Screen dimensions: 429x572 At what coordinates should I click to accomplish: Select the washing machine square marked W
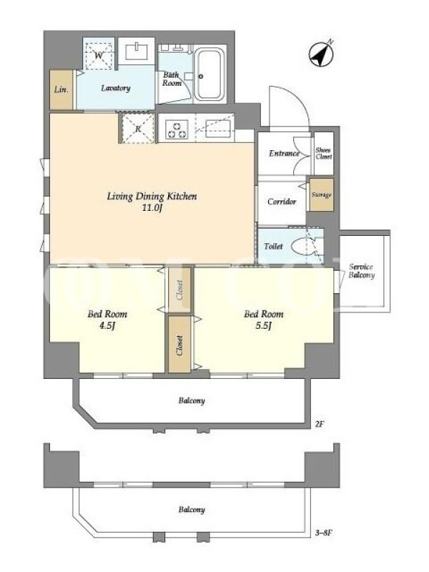[x=99, y=56]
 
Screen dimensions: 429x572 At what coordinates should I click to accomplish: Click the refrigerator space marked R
[x=138, y=129]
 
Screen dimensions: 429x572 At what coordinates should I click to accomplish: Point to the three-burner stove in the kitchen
[x=177, y=129]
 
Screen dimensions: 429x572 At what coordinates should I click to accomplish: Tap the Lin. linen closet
[x=61, y=89]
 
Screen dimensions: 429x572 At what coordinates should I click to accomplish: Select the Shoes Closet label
[x=324, y=153]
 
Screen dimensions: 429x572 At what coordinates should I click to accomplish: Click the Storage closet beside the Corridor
[x=322, y=194]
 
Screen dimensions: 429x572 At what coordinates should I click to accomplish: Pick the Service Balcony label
[x=362, y=271]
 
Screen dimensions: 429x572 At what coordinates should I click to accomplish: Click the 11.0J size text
[x=153, y=209]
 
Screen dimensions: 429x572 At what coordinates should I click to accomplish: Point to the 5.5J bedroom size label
[x=263, y=326]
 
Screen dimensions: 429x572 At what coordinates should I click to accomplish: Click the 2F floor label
[x=319, y=424]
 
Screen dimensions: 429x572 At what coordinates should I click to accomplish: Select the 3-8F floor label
[x=324, y=533]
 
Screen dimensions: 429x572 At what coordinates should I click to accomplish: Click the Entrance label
[x=284, y=153]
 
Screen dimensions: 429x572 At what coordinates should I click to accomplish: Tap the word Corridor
[x=282, y=202]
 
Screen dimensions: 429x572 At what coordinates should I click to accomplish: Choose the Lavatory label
[x=116, y=88]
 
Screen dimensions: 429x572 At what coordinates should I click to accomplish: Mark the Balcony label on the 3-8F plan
[x=192, y=510]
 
